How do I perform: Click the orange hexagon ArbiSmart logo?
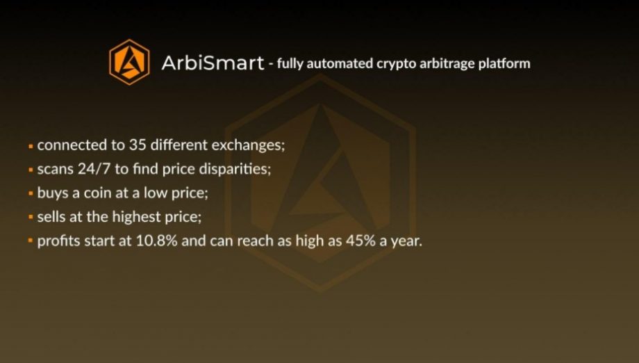tap(129, 62)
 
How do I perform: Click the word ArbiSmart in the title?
tap(213, 63)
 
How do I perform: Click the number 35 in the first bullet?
tap(138, 145)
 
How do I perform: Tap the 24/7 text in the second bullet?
tap(94, 169)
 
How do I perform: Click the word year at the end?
tap(406, 241)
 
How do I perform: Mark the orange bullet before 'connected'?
tap(31, 145)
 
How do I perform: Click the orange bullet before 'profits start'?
tap(31, 241)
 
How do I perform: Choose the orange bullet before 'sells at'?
tap(31, 217)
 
